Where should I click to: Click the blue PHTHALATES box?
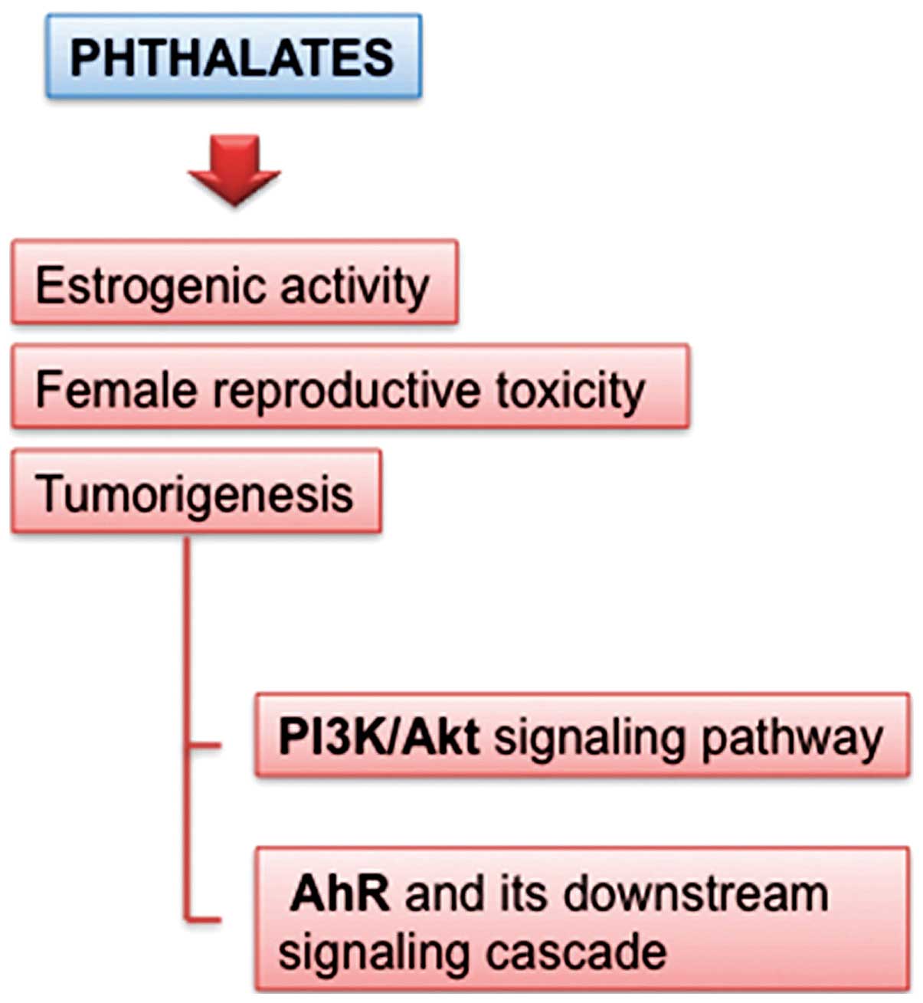pos(234,56)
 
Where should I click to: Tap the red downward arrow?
pos(234,170)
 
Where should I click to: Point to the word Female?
pos(116,390)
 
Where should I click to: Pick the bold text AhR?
pos(339,893)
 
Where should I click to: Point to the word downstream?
pos(696,893)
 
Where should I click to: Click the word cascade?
pos(577,952)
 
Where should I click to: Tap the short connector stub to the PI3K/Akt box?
pos(204,746)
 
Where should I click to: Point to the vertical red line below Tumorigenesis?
pos(187,728)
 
